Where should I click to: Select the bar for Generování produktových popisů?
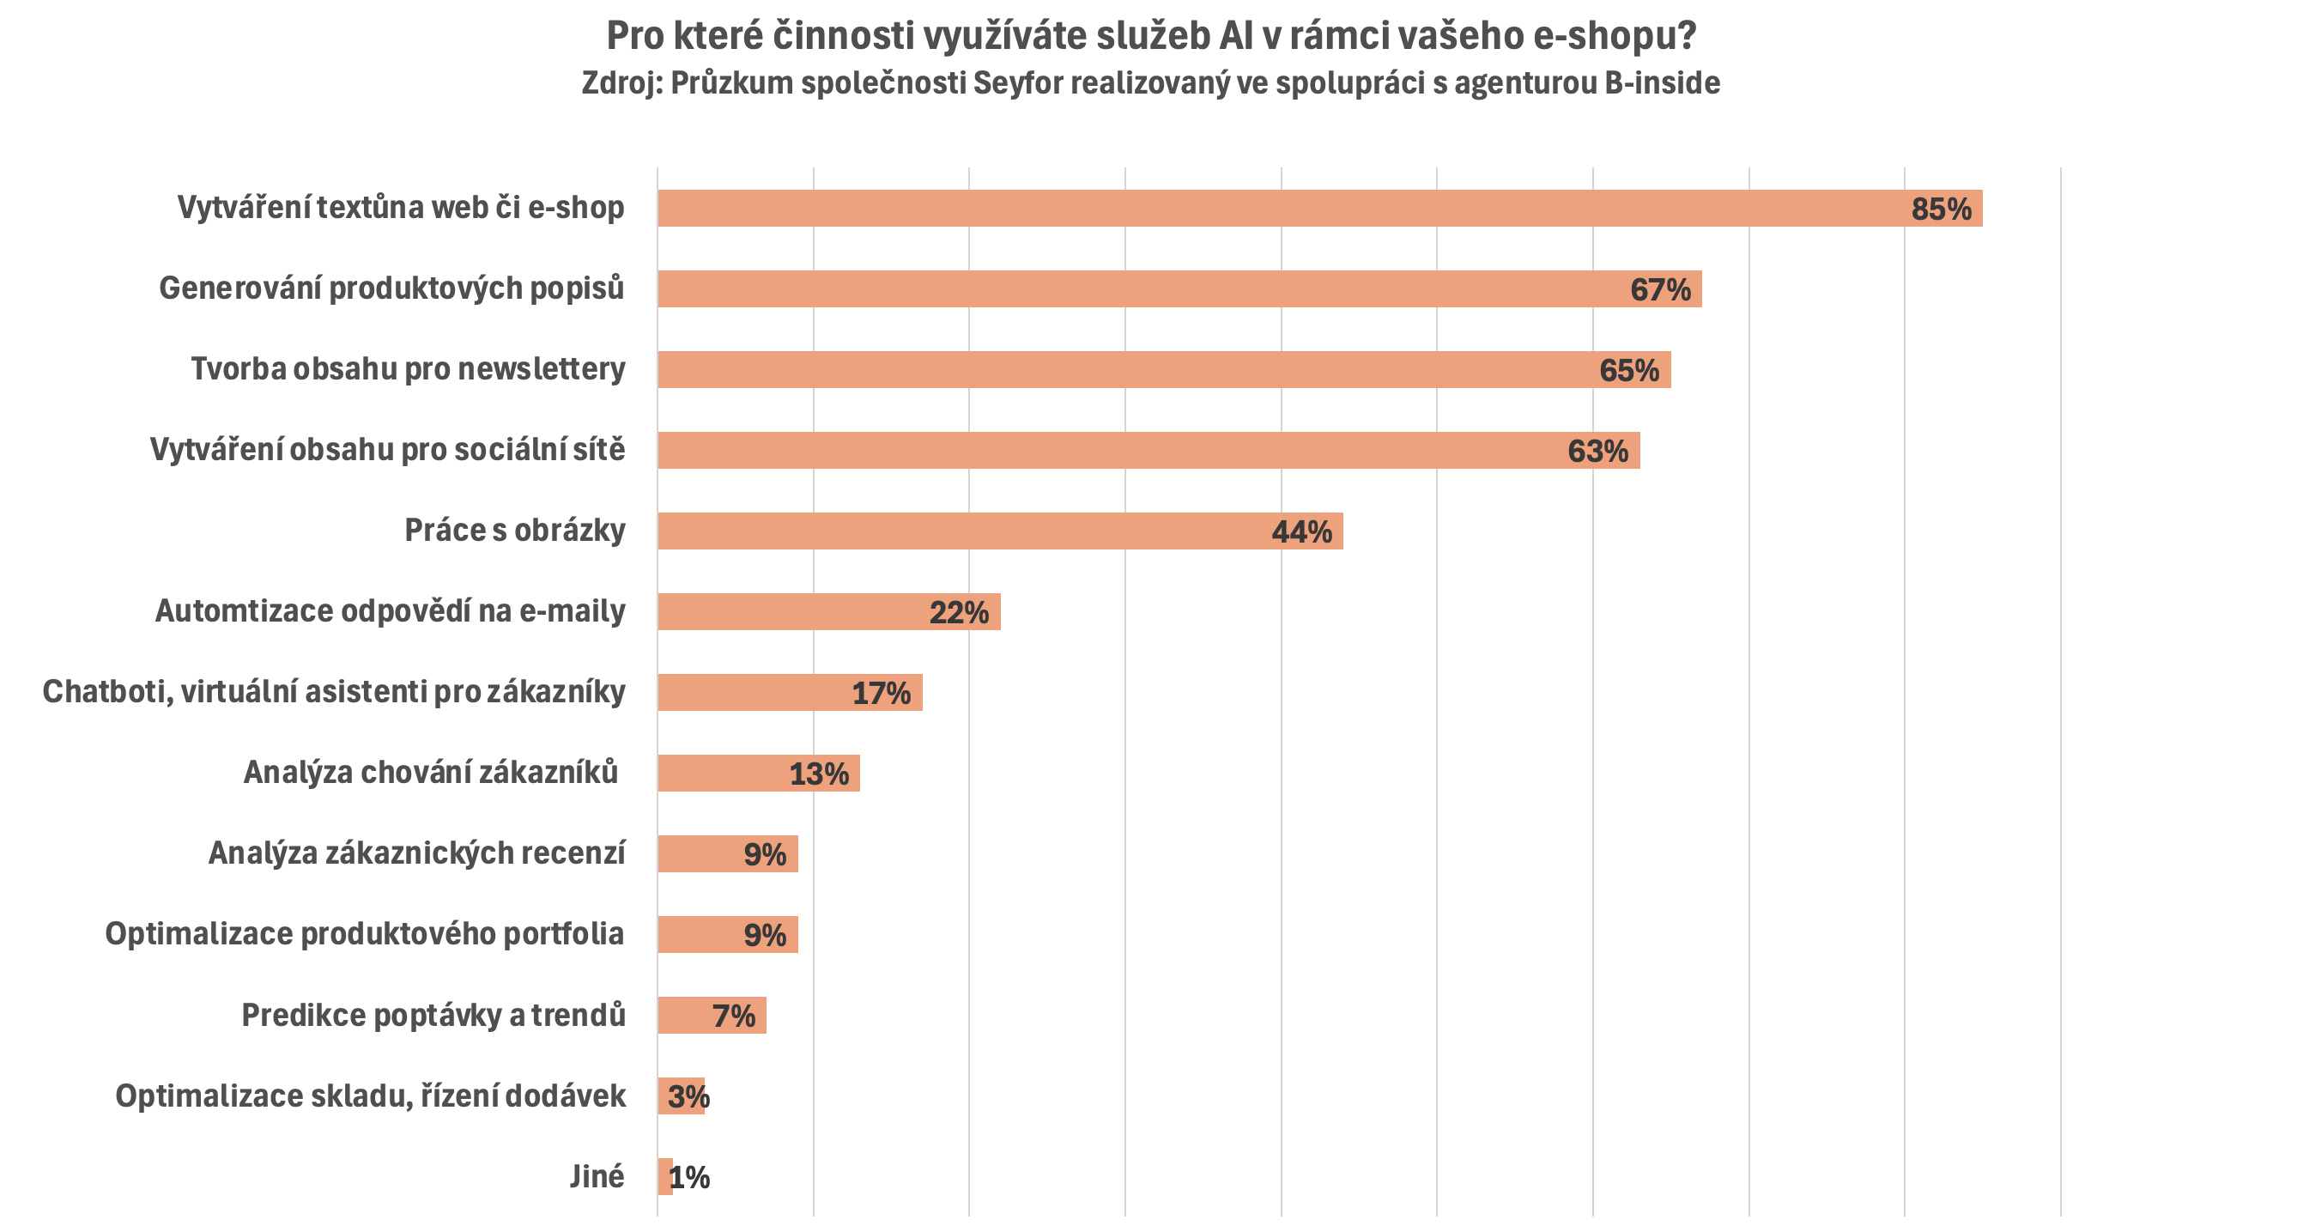[x=1142, y=288]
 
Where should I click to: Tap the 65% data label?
[x=1628, y=370]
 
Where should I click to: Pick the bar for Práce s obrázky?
[x=963, y=531]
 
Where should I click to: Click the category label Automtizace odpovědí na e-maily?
[x=390, y=611]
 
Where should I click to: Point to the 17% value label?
[x=881, y=693]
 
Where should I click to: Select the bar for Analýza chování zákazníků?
[x=722, y=773]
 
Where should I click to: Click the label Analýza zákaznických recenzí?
[x=416, y=853]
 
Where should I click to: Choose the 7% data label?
[x=733, y=1016]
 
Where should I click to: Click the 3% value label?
[x=688, y=1096]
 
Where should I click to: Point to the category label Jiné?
[x=597, y=1177]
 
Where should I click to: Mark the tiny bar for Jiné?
[x=664, y=1177]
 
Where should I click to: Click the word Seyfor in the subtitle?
[x=1013, y=83]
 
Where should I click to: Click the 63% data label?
[x=1597, y=452]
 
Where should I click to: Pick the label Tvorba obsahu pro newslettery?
[x=408, y=369]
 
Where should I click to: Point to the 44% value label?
[x=1301, y=532]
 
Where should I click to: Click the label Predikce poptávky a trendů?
[x=433, y=1016]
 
